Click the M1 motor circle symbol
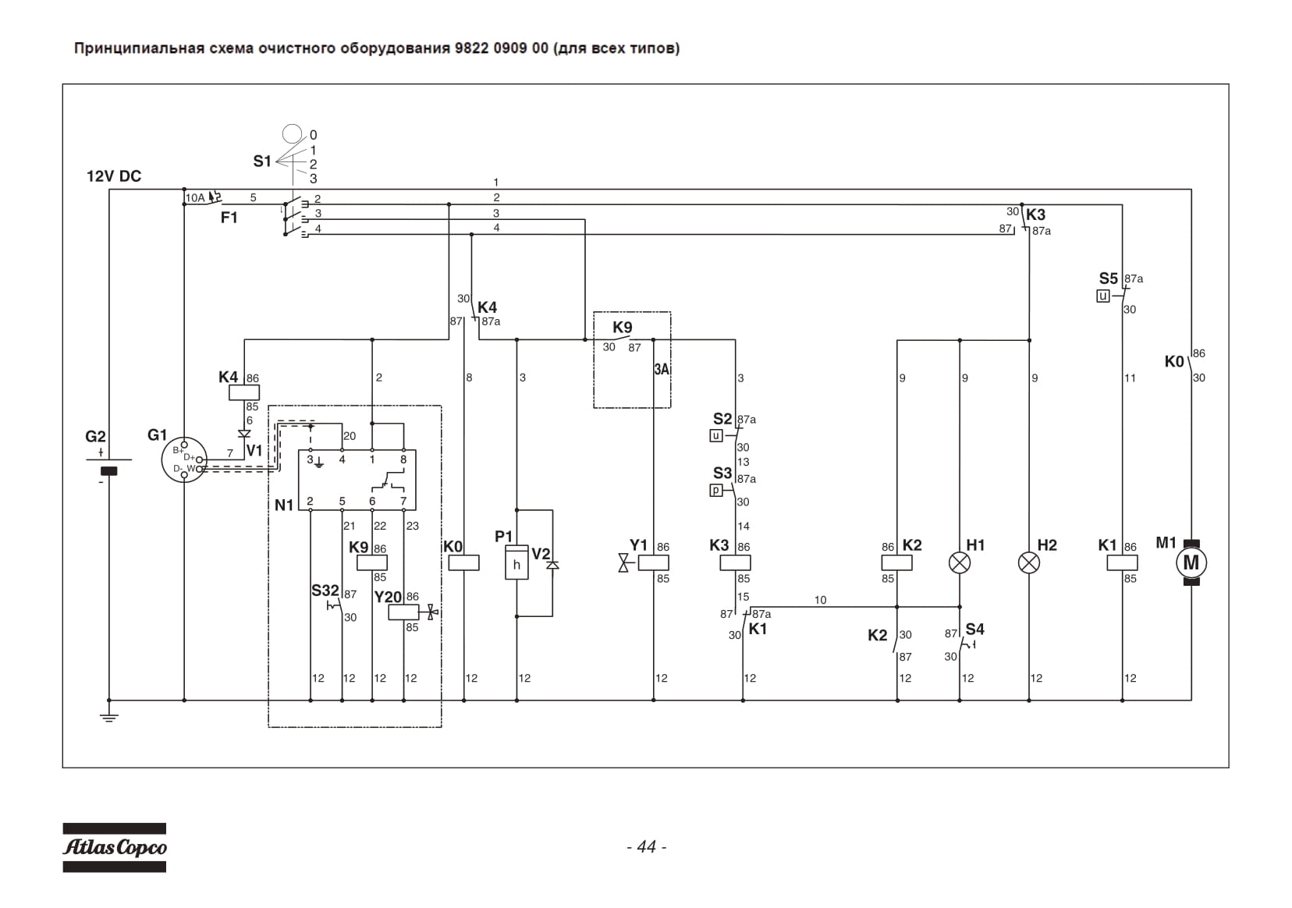pos(1191,562)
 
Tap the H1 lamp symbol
pos(959,563)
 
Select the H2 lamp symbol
pos(1029,563)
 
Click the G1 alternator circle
pos(184,459)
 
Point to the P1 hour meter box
pos(516,562)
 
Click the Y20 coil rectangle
pos(404,612)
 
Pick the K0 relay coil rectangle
pos(463,562)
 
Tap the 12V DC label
pos(114,176)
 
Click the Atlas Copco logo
pos(114,847)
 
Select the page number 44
pos(647,847)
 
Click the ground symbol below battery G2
pos(109,718)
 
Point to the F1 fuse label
pos(229,218)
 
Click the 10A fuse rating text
pos(195,198)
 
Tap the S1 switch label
pos(262,161)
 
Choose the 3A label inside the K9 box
pos(662,369)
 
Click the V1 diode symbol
pos(244,433)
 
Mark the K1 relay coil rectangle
pos(1122,562)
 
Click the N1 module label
pos(284,505)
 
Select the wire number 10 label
pos(820,600)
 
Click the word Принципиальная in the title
pos(139,48)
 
